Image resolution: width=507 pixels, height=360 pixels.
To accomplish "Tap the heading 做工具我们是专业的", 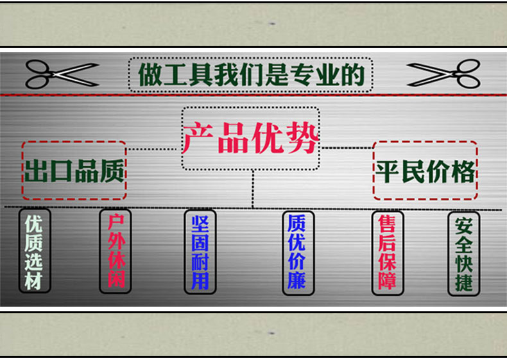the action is coord(251,75).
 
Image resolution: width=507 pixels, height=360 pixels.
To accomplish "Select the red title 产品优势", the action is coord(250,139).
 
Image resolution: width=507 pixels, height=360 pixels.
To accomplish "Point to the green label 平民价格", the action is coord(425,171).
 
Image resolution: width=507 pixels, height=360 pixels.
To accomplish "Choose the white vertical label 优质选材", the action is coord(34,252).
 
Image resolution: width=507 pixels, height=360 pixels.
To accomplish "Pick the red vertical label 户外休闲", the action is coord(115,252).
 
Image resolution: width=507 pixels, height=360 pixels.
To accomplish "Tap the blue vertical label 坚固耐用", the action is coord(200,252).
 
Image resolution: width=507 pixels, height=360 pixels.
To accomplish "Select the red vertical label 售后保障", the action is coord(387,252).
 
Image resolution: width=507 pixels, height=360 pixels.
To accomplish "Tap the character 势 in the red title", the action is coord(302,139).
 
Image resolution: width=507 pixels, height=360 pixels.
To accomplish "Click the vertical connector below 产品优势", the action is coord(252,189).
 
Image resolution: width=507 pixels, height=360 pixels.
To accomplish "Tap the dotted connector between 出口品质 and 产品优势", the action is coord(153,150).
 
